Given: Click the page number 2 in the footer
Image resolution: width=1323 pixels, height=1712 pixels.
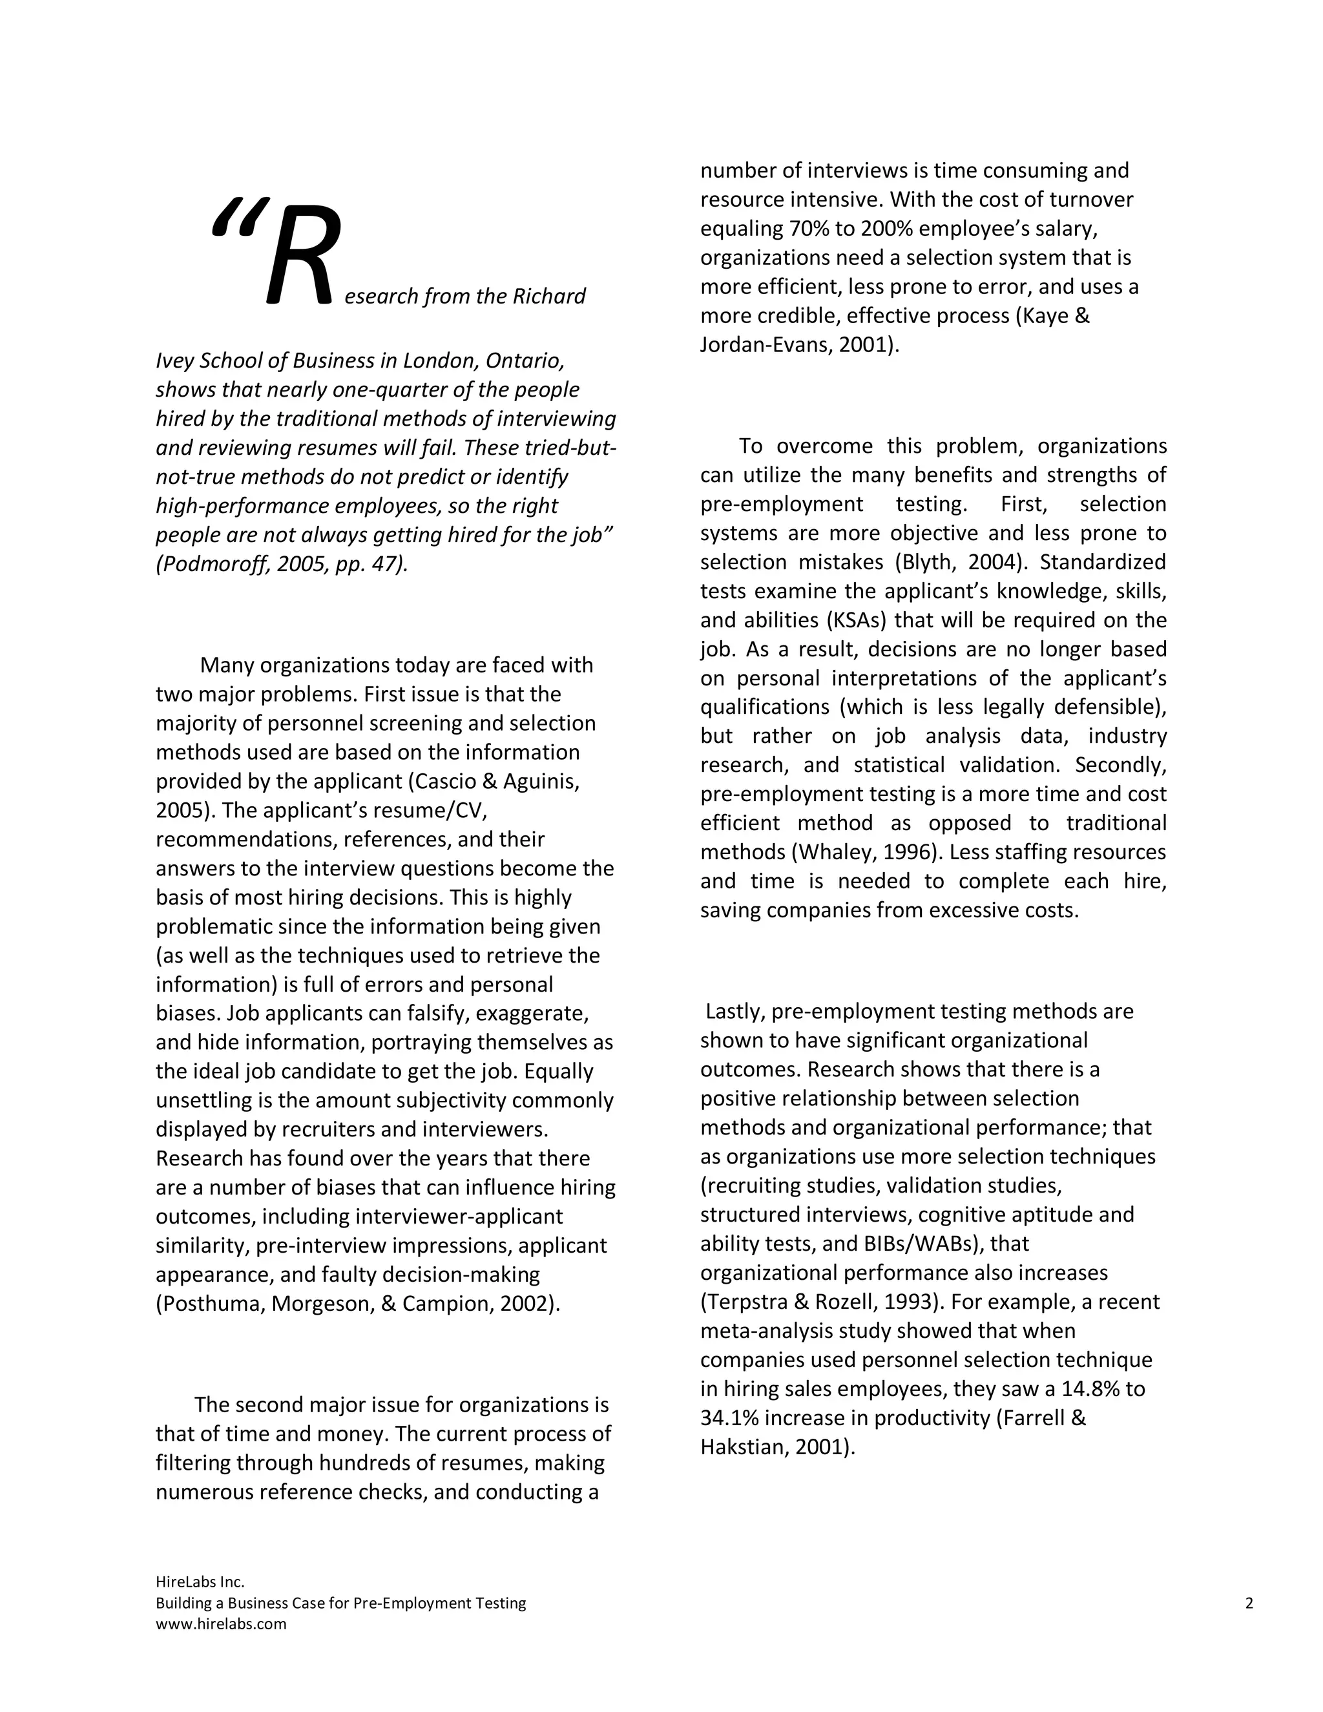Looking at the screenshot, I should [1249, 1603].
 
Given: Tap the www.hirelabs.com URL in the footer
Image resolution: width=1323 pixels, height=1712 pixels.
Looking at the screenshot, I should [221, 1624].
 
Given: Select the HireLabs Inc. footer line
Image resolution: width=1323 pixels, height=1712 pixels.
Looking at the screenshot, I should [200, 1582].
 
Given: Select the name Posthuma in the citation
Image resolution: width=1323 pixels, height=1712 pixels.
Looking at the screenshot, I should [209, 1304].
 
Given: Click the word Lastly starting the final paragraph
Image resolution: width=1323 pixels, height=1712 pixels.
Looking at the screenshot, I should [734, 1012].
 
